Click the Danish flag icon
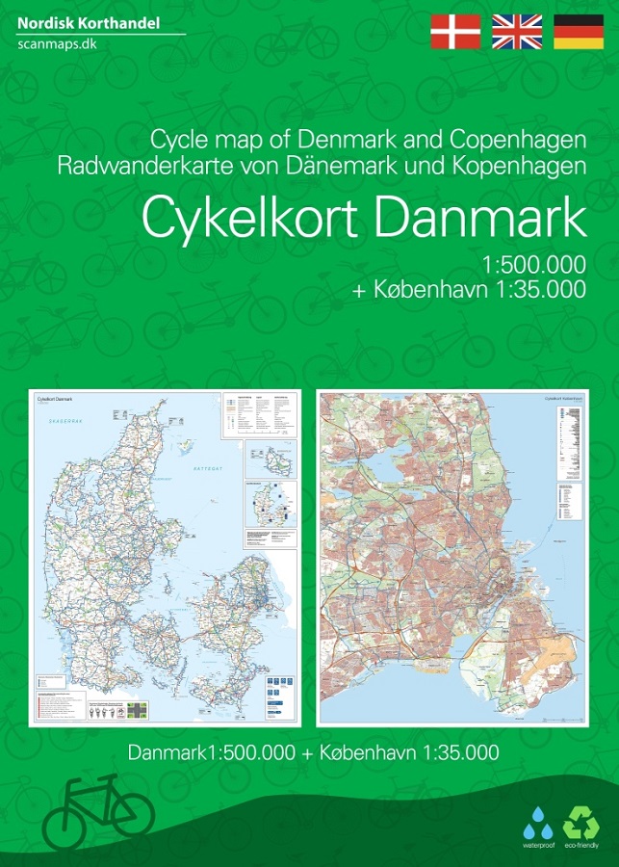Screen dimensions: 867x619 pyautogui.click(x=454, y=32)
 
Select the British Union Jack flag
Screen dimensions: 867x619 pyautogui.click(x=517, y=32)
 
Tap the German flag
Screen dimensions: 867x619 pyautogui.click(x=578, y=32)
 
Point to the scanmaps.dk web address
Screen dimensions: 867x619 pyautogui.click(x=57, y=44)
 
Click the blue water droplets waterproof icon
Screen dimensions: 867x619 pyautogui.click(x=538, y=826)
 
